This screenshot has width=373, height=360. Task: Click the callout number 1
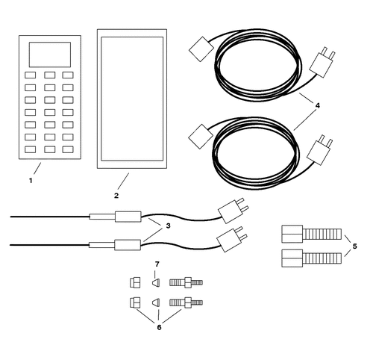pos(31,181)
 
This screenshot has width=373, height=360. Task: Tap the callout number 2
pos(116,196)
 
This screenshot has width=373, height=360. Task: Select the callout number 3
pos(169,226)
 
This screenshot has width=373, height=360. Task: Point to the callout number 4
pos(318,106)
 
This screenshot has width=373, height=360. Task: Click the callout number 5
pos(355,246)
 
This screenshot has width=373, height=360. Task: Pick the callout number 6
pos(159,327)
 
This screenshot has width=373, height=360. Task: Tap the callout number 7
pos(157,264)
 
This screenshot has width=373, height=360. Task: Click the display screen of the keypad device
pos(50,55)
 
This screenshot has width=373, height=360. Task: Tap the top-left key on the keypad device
pos(30,75)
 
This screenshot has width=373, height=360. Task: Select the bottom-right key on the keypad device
pos(68,149)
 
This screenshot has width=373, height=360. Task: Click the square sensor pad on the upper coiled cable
pos(201,49)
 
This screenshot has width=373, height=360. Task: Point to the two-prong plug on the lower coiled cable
pos(320,150)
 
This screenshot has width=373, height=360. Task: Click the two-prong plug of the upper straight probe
pos(233,211)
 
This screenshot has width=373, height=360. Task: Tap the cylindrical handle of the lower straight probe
pos(128,245)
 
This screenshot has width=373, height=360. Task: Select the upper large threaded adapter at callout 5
pos(312,234)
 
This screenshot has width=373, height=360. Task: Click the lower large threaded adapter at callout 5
pos(312,258)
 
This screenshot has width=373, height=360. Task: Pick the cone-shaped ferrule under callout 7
pos(156,283)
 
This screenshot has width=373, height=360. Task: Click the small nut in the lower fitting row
pos(135,302)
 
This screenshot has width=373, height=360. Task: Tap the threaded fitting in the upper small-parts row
pos(186,282)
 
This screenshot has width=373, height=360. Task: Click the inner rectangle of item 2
pos(132,99)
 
